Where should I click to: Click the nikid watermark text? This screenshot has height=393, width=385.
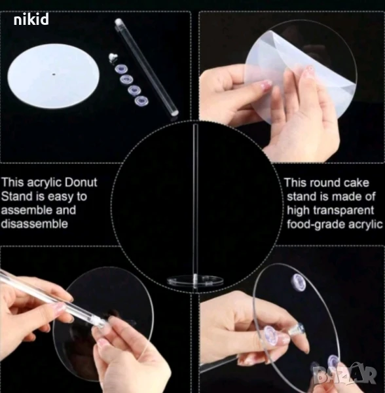pos(31,19)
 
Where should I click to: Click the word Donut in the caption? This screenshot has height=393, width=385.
pos(81,182)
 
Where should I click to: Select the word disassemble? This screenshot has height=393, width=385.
pos(34,223)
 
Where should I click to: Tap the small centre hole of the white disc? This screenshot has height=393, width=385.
pos(54,74)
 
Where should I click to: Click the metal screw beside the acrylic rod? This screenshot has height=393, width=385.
pos(113,57)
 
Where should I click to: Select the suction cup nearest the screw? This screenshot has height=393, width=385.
pos(120,68)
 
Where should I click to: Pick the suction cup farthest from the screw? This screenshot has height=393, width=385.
pos(141,100)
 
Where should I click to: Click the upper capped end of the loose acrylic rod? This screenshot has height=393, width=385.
pos(118,22)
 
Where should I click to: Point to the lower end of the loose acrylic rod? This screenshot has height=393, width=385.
pos(174,113)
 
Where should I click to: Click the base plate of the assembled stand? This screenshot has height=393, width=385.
pos(195,280)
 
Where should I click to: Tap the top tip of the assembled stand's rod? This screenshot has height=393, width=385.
pos(195,124)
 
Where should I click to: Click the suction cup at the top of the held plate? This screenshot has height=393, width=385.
pos(299,282)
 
